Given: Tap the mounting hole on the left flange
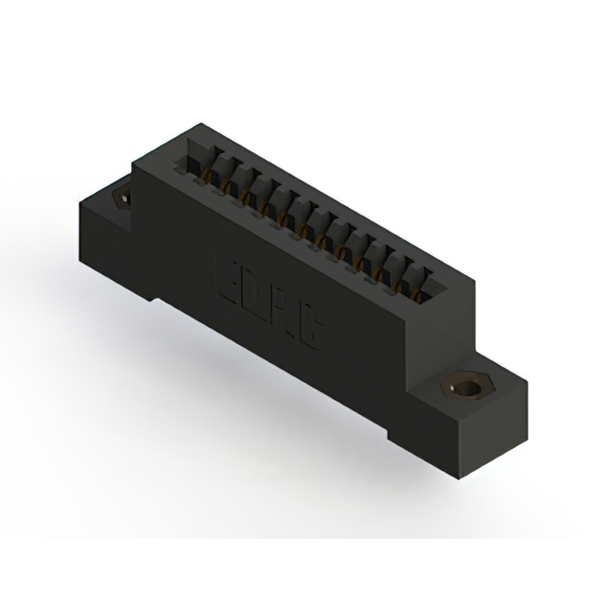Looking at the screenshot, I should pyautogui.click(x=121, y=199).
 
